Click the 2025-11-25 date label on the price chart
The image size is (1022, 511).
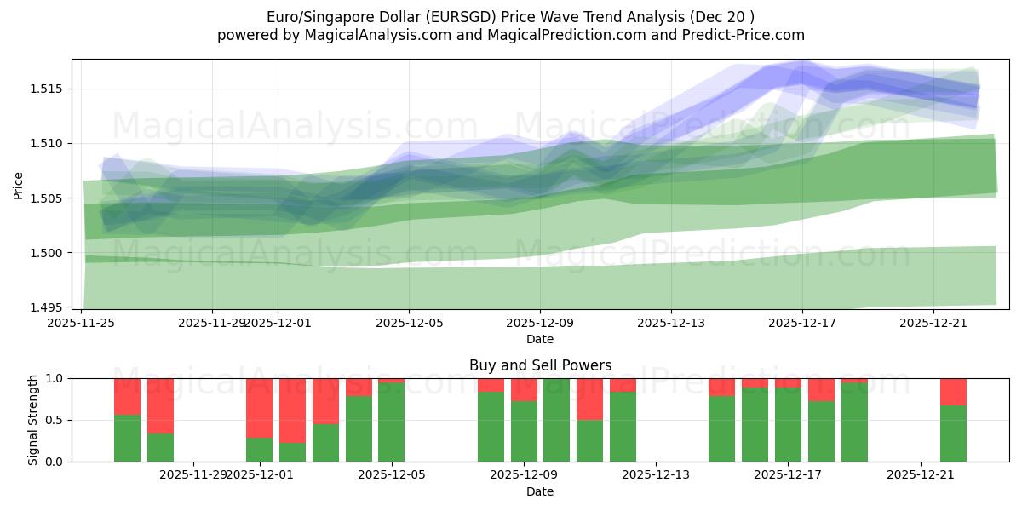pos(82,323)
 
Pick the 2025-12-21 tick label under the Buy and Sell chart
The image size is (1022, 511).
pos(921,475)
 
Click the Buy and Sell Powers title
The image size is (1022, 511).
pos(540,365)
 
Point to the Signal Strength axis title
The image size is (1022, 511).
pos(33,420)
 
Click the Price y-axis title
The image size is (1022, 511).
pos(19,185)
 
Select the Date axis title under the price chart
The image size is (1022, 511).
pos(540,339)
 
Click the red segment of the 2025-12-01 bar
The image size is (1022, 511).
pos(259,407)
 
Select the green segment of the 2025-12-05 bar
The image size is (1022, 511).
pos(391,422)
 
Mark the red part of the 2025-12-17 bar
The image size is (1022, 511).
pos(788,383)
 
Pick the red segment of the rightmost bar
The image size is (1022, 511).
pos(953,391)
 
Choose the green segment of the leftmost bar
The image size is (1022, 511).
pos(127,438)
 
